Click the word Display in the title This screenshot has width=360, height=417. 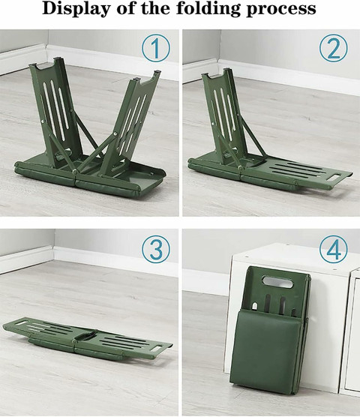76,9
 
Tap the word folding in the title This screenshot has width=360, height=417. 208,9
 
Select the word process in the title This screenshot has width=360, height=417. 281,10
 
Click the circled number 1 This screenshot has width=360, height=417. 155,49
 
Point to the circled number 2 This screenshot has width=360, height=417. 334,49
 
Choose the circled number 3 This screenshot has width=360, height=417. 155,250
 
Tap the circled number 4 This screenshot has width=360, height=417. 334,250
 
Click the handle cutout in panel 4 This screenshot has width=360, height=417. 277,282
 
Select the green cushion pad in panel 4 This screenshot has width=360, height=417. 268,349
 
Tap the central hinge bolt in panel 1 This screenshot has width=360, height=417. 75,171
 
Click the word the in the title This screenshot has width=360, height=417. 157,9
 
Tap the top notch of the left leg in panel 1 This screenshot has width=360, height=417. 45,64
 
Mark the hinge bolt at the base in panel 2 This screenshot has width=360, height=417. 240,168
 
